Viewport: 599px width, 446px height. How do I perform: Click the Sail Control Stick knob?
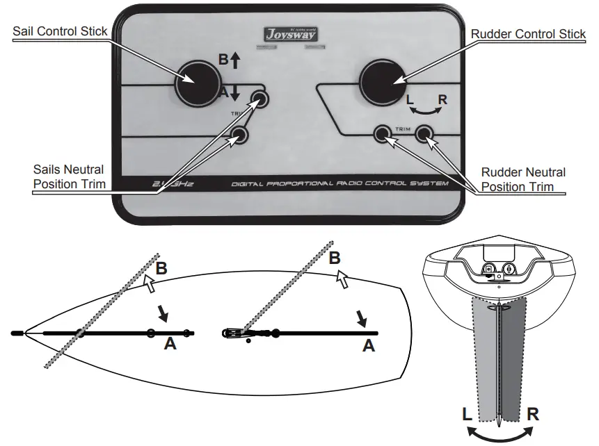195,81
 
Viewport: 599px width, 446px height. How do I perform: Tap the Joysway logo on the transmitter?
287,33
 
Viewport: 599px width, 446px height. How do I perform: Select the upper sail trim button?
260,98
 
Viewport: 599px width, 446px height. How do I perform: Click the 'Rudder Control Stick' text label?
529,33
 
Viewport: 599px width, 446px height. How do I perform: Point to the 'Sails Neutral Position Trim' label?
69,176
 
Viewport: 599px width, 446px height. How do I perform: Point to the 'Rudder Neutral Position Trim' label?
524,179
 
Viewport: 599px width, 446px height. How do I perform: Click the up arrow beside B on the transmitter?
235,61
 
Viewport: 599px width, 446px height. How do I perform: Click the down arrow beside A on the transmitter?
235,92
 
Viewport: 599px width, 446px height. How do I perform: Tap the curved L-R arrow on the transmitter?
424,110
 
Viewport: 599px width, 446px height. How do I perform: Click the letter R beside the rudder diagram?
532,415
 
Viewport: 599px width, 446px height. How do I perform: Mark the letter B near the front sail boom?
161,269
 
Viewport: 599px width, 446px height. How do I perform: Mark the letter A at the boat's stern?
368,345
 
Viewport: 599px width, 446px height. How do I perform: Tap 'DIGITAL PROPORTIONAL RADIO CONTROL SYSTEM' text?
340,183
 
